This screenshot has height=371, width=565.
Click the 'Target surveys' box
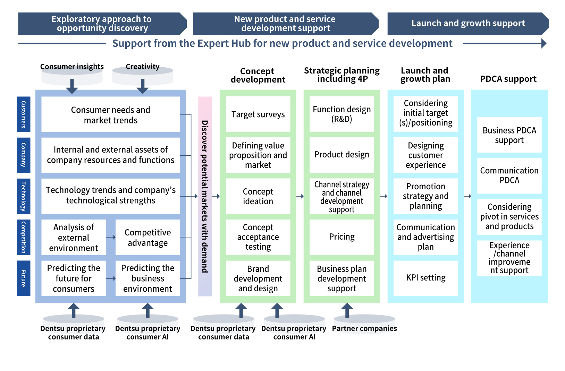pos(258,114)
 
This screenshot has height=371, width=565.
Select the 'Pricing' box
pos(341,237)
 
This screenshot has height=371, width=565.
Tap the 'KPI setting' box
pos(425,278)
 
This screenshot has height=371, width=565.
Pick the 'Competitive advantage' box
pos(147,238)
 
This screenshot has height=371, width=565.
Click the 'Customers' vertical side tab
pos(24,114)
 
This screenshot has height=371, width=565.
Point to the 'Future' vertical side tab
pos(24,278)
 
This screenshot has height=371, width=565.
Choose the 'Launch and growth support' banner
pos(468,24)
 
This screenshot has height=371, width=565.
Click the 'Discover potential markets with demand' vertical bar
pos(205,196)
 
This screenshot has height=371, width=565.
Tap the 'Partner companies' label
pos(364,328)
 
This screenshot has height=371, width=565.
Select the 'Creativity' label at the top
pos(142,67)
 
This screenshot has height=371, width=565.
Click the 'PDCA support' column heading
pos(508,79)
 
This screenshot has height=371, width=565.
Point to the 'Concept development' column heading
pos(258,75)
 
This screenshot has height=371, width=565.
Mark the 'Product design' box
pos(341,155)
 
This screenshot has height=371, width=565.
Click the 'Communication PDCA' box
pos(509,175)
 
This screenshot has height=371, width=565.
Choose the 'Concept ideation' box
pos(258,196)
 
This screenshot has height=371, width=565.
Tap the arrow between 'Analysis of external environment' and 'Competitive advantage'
pos(111,237)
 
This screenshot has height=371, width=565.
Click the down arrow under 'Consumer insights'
pos(72,86)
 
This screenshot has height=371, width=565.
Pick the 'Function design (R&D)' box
pos(341,114)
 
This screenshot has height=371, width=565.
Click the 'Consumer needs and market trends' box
pos(110,115)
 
